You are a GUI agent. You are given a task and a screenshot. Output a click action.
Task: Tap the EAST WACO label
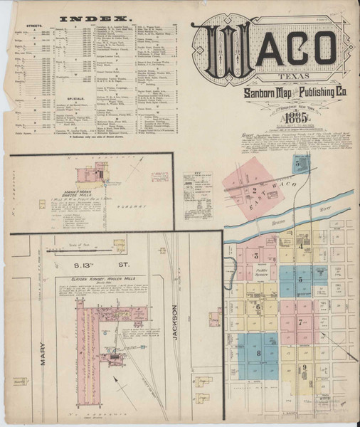(279, 184)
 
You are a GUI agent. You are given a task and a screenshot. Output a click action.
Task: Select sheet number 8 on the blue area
(258, 353)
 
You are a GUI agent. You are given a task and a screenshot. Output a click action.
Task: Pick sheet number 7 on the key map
(301, 322)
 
